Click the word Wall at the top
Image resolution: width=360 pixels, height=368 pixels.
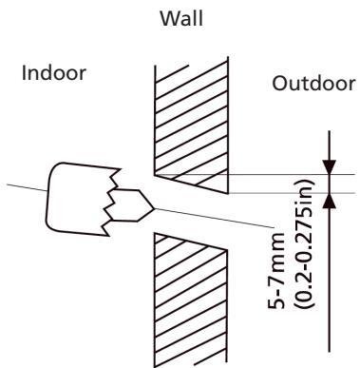pyautogui.click(x=180, y=19)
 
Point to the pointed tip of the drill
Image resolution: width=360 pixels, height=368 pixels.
pyautogui.click(x=153, y=204)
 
